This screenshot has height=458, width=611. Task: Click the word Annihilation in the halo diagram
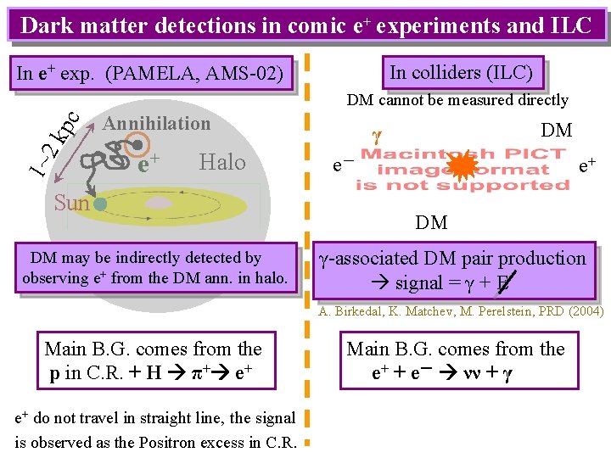[x=156, y=124]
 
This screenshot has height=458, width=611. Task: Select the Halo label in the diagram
[x=221, y=162]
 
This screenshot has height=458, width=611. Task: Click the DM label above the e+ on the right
[x=556, y=131]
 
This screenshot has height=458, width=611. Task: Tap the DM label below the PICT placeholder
[x=431, y=222]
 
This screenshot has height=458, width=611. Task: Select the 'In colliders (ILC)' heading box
[x=461, y=73]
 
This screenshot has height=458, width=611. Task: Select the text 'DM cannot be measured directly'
[x=457, y=101]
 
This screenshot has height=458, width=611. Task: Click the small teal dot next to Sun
[x=99, y=204]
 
